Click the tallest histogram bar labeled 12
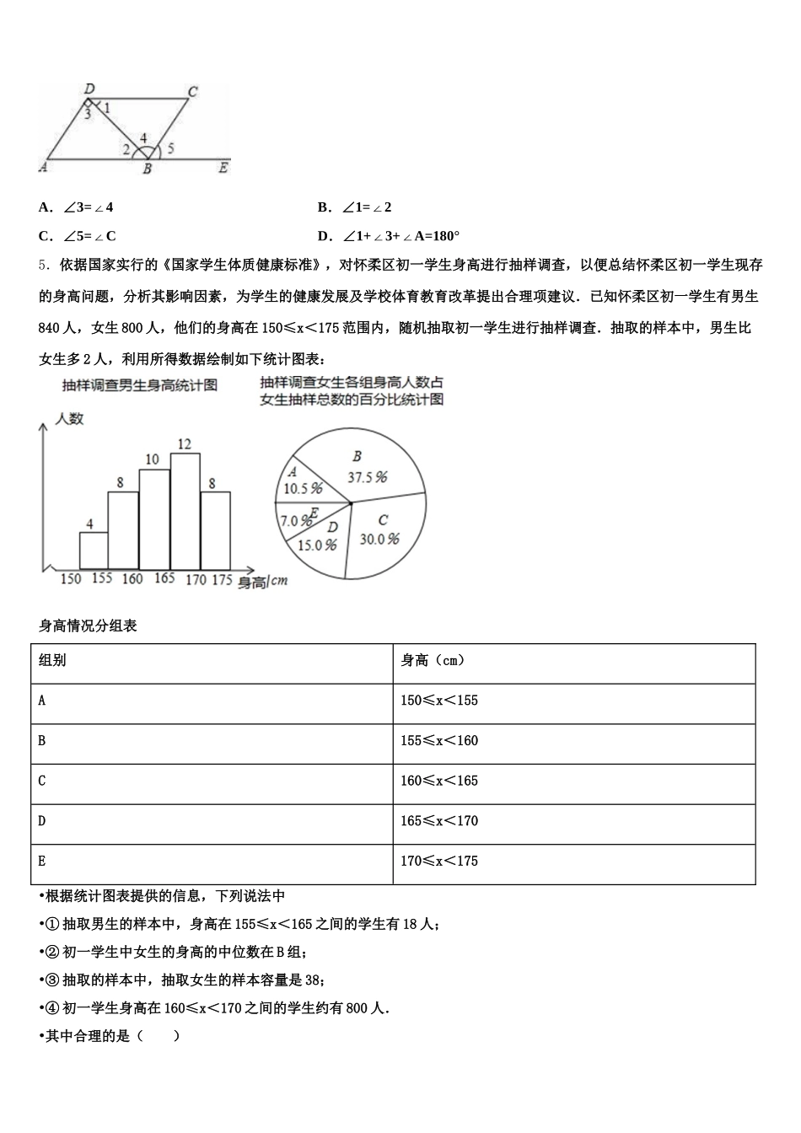pyautogui.click(x=185, y=511)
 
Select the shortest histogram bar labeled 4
pyautogui.click(x=94, y=550)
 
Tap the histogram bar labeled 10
pyautogui.click(x=154, y=519)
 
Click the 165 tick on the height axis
pyautogui.click(x=164, y=578)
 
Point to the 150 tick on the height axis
pyautogui.click(x=71, y=578)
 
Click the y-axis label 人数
pyautogui.click(x=70, y=418)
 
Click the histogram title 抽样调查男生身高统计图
pyautogui.click(x=140, y=385)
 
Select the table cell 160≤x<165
pyautogui.click(x=439, y=781)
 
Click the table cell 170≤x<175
pyautogui.click(x=439, y=861)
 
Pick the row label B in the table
pyautogui.click(x=42, y=741)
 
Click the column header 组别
pyautogui.click(x=52, y=660)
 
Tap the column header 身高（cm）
pyautogui.click(x=433, y=660)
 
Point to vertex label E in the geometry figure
pyautogui.click(x=223, y=168)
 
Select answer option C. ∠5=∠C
pyautogui.click(x=78, y=236)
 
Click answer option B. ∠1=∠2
pyautogui.click(x=355, y=207)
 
